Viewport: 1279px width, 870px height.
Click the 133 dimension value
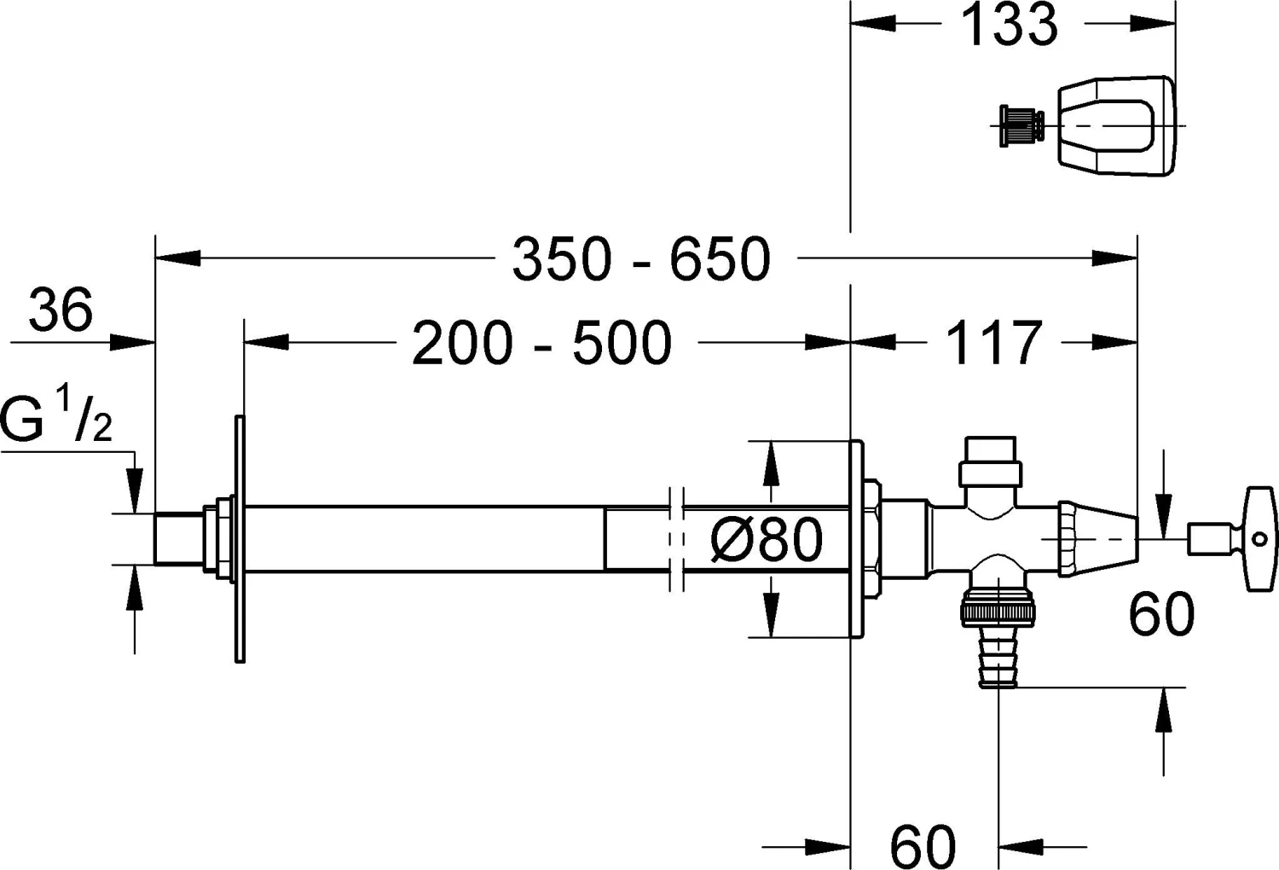[1009, 26]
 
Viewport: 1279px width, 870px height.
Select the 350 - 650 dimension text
[641, 259]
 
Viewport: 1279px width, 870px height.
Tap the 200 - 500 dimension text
[542, 344]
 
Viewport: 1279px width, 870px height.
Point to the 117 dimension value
[994, 344]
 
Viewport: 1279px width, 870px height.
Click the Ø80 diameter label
[767, 540]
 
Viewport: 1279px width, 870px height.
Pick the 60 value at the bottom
[923, 846]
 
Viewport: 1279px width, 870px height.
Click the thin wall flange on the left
[240, 539]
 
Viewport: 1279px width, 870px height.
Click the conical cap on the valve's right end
[1100, 539]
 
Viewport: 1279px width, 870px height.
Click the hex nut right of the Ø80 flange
[872, 539]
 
